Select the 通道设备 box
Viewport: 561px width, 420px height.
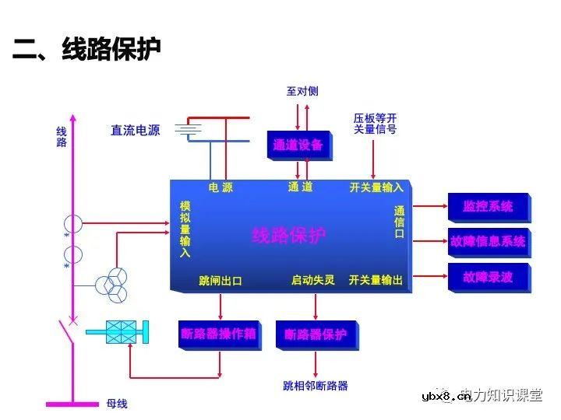click(x=298, y=145)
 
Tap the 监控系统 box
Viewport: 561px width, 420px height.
click(x=488, y=207)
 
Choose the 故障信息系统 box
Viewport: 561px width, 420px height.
click(x=488, y=241)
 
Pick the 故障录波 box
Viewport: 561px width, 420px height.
click(x=488, y=276)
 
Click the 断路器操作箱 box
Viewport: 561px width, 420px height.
click(x=218, y=334)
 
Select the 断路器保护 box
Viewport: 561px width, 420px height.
click(x=315, y=334)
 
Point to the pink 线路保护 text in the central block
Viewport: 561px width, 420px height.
click(x=289, y=236)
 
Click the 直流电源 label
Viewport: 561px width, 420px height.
click(x=135, y=131)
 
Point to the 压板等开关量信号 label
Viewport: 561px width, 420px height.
click(x=375, y=123)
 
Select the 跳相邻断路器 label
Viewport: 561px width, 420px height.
click(x=315, y=386)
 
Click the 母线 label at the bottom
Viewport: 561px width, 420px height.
click(x=116, y=404)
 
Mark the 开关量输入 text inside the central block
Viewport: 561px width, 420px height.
click(x=376, y=187)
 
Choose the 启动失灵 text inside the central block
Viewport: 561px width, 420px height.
click(x=312, y=280)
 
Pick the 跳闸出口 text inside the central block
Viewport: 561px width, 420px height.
click(x=221, y=281)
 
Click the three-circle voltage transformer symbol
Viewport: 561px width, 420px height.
click(x=111, y=285)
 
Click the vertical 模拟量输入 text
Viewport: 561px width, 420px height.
click(x=185, y=229)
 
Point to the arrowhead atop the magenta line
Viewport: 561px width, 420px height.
click(x=73, y=117)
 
